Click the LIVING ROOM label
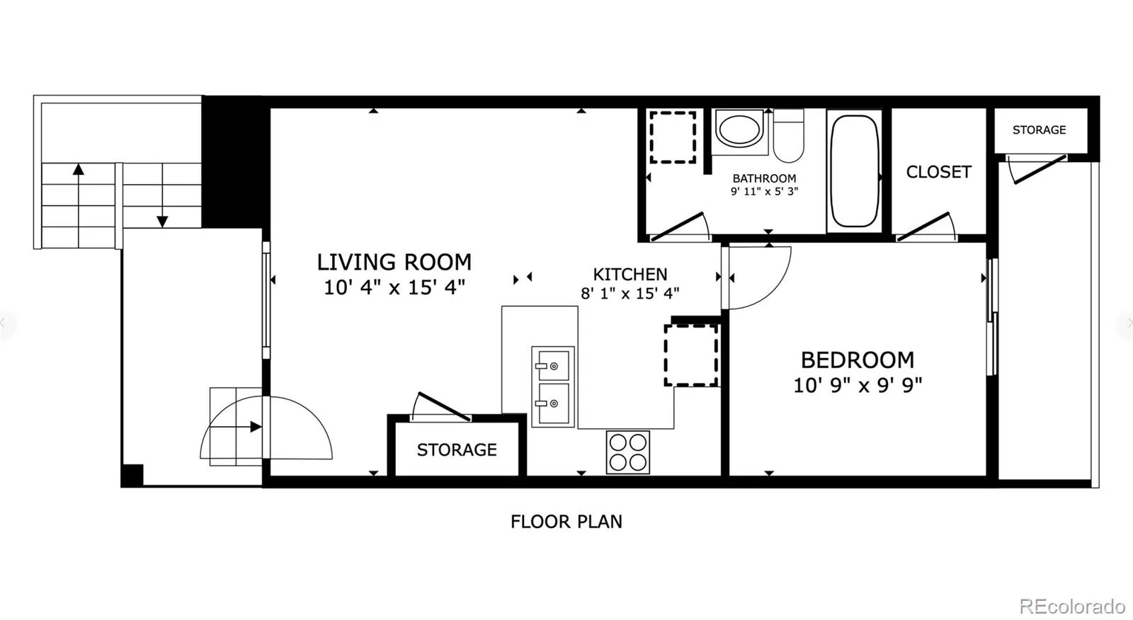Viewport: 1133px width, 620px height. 394,263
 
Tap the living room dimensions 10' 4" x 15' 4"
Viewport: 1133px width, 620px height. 394,288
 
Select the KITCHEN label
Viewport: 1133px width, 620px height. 630,275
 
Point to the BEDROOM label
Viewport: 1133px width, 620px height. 858,360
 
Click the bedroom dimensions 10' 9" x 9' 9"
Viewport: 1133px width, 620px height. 858,386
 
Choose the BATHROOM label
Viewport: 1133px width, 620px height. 764,178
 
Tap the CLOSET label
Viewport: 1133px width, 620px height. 938,173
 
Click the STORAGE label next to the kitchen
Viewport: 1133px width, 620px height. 457,449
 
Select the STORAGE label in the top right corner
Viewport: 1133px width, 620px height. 1039,130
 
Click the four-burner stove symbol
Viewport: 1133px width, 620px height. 627,452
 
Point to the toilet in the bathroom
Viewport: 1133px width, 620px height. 789,136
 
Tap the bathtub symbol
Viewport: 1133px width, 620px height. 854,171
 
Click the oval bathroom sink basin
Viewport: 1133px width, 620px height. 739,130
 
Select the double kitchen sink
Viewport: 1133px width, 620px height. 553,387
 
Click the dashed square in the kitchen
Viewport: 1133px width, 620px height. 691,355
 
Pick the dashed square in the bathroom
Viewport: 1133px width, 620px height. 673,137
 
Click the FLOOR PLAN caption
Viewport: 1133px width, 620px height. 566,522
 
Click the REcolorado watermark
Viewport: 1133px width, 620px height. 1072,606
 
